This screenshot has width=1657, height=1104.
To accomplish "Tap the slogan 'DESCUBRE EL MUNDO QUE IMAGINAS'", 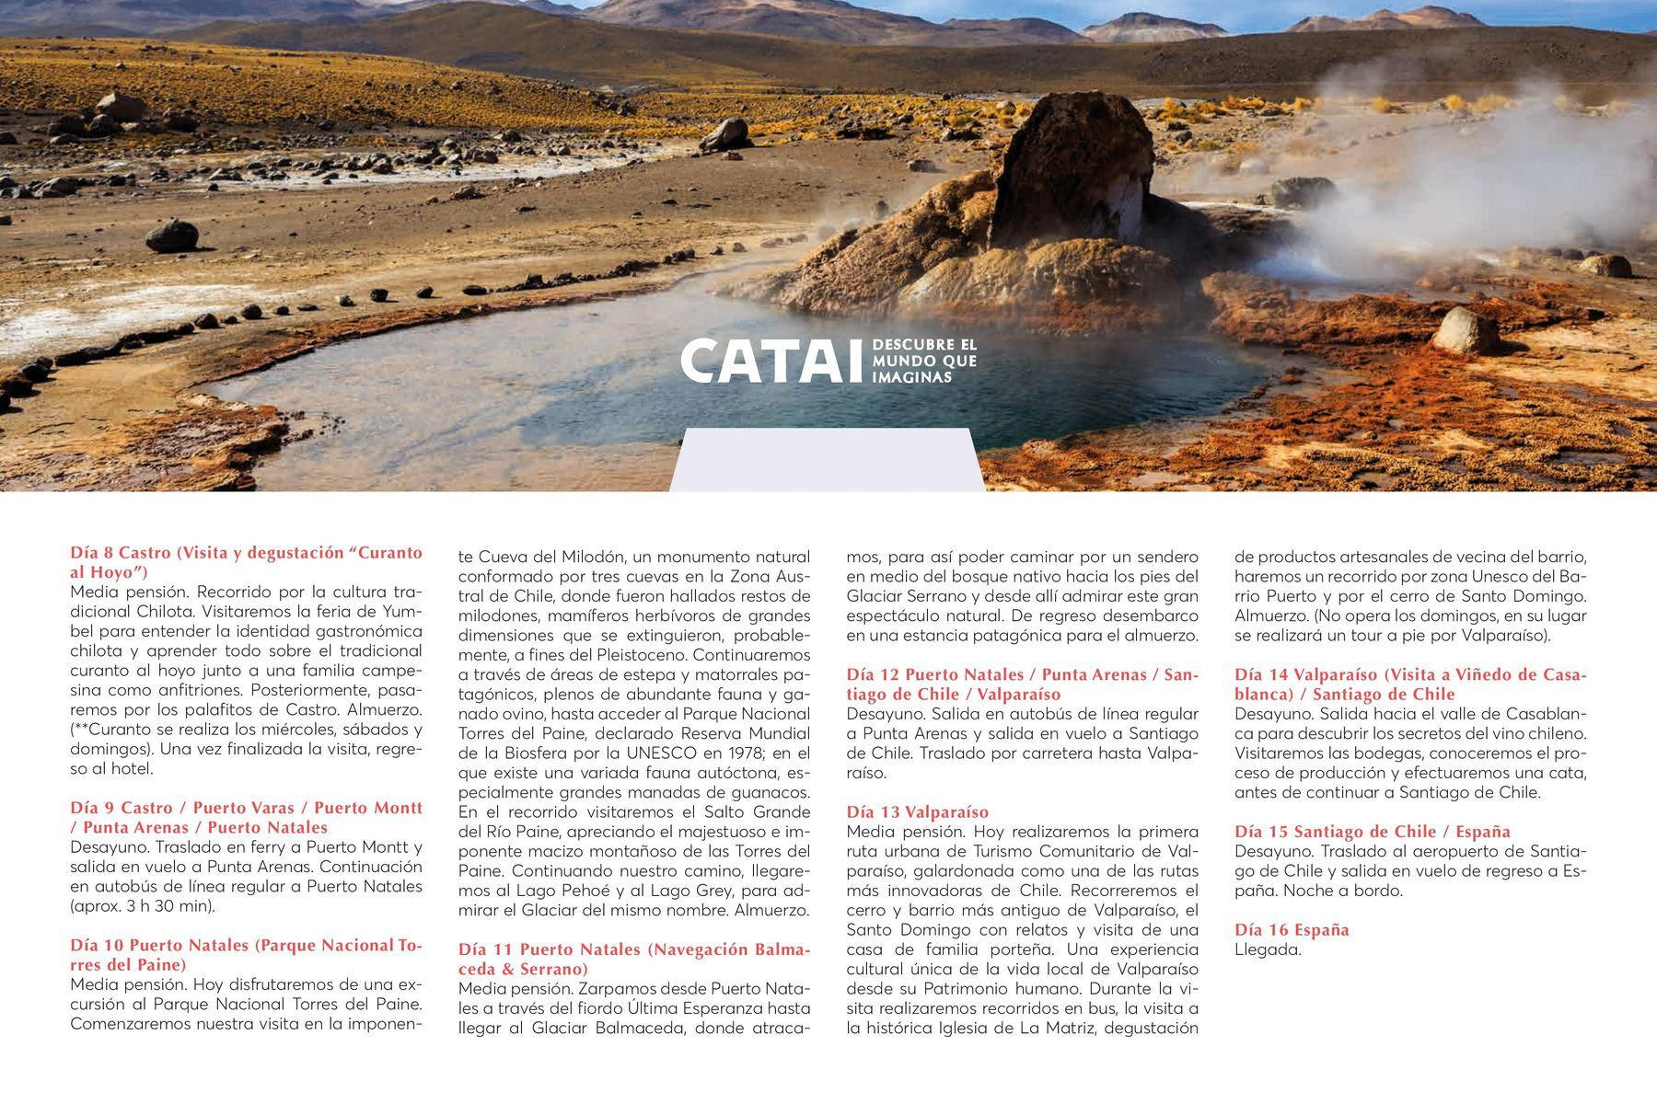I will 923,362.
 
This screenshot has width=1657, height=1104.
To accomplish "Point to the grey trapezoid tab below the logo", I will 827,460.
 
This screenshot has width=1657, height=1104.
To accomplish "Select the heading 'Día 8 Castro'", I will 246,562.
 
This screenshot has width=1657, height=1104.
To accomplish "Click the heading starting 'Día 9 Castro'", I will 246,817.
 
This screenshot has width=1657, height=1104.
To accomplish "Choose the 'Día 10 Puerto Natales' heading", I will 246,954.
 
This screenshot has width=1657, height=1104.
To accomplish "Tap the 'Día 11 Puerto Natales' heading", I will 634,959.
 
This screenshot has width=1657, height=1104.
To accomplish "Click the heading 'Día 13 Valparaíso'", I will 917,811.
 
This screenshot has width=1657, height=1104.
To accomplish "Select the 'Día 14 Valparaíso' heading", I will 1410,684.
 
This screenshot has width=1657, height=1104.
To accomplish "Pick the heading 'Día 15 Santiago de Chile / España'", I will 1372,831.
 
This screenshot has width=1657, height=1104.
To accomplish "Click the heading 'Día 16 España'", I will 1292,929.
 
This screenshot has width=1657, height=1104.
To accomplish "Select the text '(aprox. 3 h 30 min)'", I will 142,905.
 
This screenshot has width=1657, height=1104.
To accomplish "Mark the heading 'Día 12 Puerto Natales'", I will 1022,684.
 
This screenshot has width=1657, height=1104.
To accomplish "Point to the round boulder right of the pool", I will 1466,330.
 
